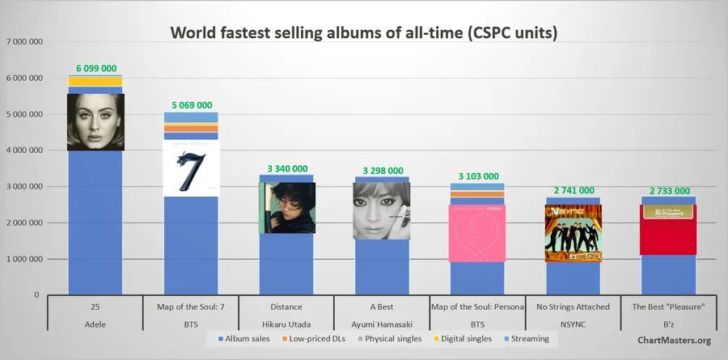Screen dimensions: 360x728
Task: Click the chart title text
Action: [363, 33]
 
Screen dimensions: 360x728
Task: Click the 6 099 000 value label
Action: [95, 69]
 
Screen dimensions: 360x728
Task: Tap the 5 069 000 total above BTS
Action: [191, 105]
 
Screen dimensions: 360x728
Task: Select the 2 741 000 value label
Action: [573, 190]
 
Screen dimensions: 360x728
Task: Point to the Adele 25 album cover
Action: [95, 122]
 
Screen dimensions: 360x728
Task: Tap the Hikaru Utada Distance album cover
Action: [286, 207]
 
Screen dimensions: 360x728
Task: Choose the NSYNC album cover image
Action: [573, 233]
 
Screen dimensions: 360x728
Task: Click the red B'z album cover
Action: [668, 229]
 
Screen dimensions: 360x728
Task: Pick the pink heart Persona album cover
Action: [477, 233]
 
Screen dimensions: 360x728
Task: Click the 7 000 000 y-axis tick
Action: [24, 41]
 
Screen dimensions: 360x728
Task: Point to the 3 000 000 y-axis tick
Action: [24, 186]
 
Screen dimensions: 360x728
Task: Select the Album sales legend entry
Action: [247, 339]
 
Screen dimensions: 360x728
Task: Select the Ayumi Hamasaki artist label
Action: [382, 323]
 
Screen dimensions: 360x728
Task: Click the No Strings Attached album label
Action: [573, 307]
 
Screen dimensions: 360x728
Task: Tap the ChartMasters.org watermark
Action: [675, 341]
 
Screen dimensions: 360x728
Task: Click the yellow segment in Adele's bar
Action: [95, 81]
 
